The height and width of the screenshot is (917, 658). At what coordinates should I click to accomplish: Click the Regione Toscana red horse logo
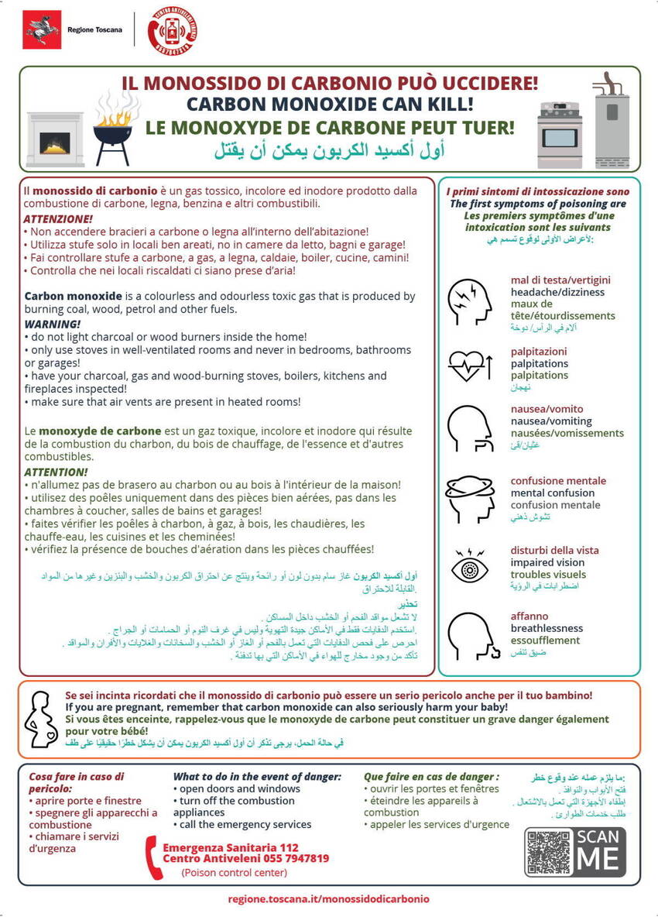tap(42, 29)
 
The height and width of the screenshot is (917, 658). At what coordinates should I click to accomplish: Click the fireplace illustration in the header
tap(55, 140)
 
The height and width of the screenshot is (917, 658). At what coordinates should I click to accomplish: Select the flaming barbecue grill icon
tap(112, 132)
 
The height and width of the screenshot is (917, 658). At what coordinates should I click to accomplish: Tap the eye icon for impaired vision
tap(470, 568)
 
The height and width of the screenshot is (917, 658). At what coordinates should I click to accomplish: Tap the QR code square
tap(550, 853)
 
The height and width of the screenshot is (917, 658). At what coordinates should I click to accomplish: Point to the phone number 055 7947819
tap(292, 858)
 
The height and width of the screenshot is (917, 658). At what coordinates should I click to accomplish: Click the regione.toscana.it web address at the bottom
tap(329, 899)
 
